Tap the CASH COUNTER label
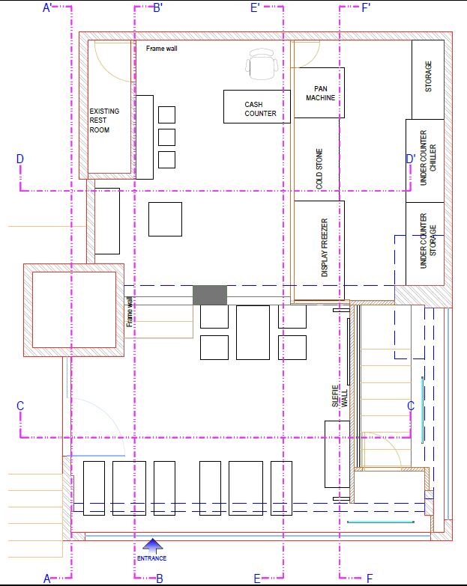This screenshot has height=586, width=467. click(260, 109)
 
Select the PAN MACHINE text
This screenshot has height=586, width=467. click(320, 93)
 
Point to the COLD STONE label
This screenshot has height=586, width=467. click(319, 169)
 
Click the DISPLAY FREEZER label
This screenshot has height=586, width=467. click(325, 248)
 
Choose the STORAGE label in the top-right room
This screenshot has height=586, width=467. click(428, 76)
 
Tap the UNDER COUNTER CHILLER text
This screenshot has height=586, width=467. click(428, 157)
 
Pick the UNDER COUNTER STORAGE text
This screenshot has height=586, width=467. click(428, 241)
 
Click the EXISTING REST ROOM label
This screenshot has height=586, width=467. click(104, 120)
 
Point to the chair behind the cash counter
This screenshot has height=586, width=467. click(262, 64)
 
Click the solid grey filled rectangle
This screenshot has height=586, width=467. click(210, 295)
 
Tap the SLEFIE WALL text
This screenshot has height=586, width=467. click(340, 396)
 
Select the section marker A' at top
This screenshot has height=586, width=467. click(47, 7)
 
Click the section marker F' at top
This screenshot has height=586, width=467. click(366, 7)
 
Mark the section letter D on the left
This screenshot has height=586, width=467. click(19, 159)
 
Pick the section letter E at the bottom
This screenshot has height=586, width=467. click(257, 579)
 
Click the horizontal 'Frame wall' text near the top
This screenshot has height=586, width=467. click(162, 48)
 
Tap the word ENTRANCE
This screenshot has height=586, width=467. click(151, 558)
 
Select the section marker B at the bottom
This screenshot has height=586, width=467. click(160, 579)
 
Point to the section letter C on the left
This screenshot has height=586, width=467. click(20, 406)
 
